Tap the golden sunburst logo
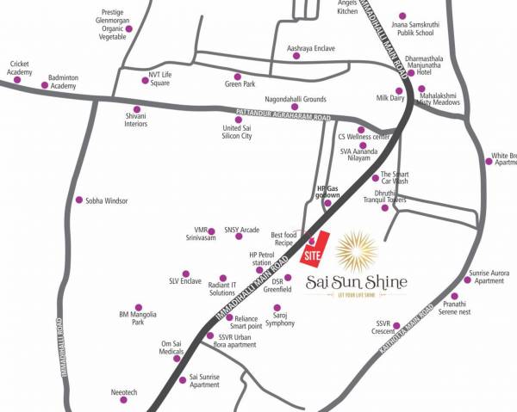point(355,250)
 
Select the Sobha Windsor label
point(106,200)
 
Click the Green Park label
point(240,84)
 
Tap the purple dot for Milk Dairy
point(399,90)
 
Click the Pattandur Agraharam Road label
point(283,111)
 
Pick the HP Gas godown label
point(328,192)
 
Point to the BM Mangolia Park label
point(138,318)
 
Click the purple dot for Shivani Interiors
point(136,109)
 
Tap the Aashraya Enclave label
point(310,49)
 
